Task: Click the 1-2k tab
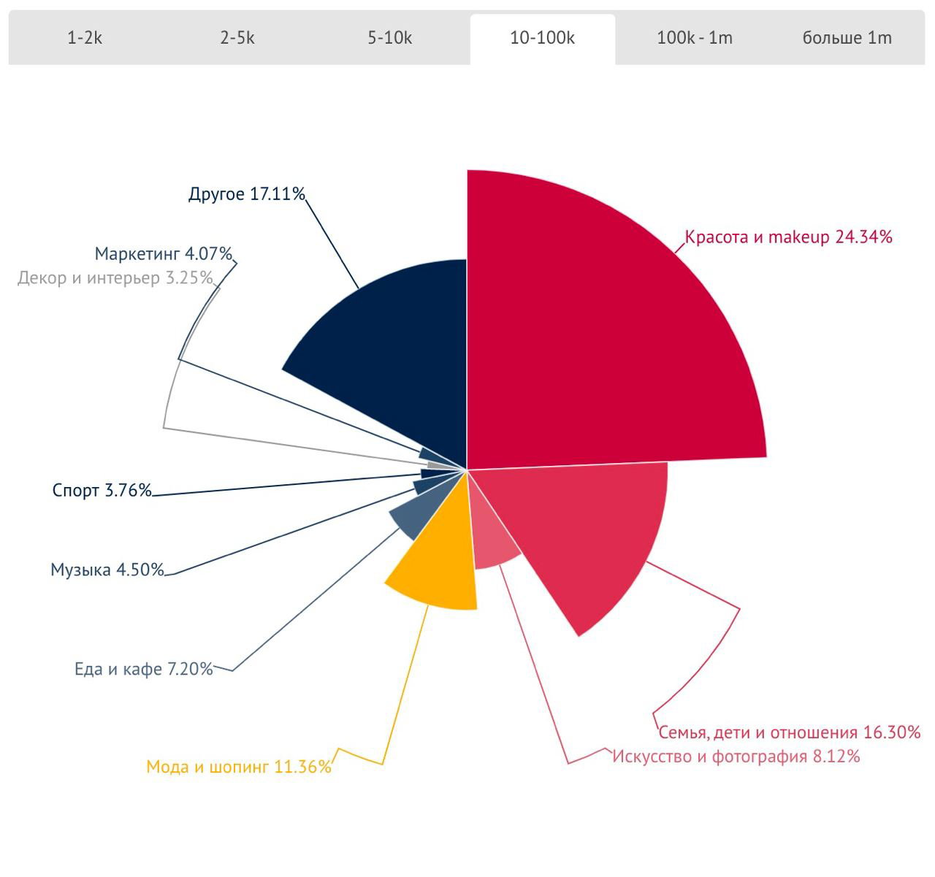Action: tap(85, 38)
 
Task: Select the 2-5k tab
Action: tap(237, 38)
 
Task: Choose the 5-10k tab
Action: tap(390, 38)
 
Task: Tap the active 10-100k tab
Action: tap(542, 38)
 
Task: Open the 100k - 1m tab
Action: tap(695, 38)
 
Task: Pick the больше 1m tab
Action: tap(847, 38)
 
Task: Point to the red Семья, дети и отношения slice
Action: tap(592, 533)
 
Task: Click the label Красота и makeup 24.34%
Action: tap(789, 237)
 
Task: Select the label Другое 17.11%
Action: tap(246, 194)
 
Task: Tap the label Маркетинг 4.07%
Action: tap(164, 254)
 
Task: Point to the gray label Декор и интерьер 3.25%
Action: tap(115, 277)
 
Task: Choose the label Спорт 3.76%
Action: tap(102, 490)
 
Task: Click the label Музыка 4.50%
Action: tap(107, 570)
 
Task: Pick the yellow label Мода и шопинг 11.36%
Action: tap(239, 767)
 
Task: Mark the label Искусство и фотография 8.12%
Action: tap(736, 756)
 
